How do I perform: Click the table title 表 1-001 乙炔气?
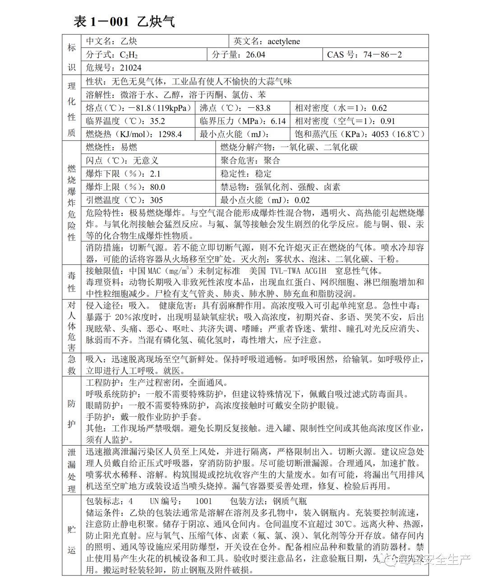coord(124,22)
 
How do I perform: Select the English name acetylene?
coord(283,41)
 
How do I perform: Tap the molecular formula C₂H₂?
coord(129,55)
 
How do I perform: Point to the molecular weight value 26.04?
coord(255,55)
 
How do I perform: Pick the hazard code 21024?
coord(130,68)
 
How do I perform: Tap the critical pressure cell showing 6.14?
coord(243,121)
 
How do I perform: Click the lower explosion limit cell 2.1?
coord(123,174)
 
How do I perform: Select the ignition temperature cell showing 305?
coord(124,200)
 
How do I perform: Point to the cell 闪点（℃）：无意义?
coord(122,161)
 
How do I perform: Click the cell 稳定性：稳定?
coord(246,174)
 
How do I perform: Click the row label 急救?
coord(72,364)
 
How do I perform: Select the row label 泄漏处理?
coord(72,470)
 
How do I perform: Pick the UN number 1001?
coord(204,502)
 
